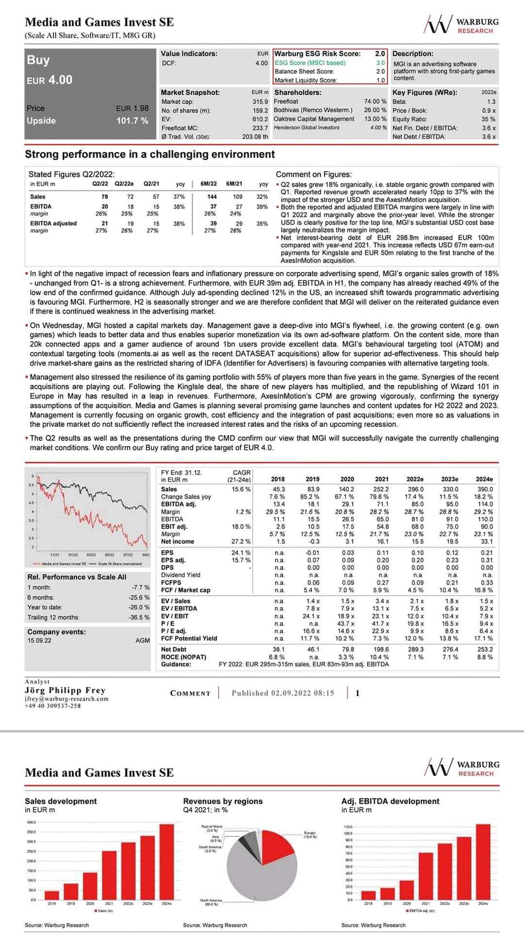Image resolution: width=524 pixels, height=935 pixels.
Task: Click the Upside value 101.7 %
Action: [132, 121]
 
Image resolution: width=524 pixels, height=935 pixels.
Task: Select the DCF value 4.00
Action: [261, 63]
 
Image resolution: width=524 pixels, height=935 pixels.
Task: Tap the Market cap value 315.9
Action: [260, 101]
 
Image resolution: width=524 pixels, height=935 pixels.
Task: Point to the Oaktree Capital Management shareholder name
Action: [314, 119]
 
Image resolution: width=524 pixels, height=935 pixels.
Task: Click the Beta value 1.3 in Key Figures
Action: [491, 102]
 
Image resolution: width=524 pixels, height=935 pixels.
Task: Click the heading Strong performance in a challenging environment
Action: [149, 154]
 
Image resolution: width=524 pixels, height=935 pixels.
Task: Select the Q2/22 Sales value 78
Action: [105, 197]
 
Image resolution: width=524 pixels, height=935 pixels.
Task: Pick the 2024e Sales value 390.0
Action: [485, 489]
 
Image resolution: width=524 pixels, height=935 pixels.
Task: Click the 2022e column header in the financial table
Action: [415, 479]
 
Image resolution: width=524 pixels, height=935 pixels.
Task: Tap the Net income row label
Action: [177, 541]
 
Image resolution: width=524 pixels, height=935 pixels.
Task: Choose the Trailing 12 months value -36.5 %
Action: [139, 618]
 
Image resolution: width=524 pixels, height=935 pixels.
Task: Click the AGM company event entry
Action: [143, 641]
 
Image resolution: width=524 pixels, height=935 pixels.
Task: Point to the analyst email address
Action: [66, 699]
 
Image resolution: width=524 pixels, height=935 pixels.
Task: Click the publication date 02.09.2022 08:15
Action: [283, 693]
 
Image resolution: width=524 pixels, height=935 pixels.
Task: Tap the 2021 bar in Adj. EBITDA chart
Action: [426, 877]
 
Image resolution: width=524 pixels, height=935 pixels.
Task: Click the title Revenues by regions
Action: [223, 801]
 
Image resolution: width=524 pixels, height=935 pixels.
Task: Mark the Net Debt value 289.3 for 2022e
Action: [415, 649]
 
